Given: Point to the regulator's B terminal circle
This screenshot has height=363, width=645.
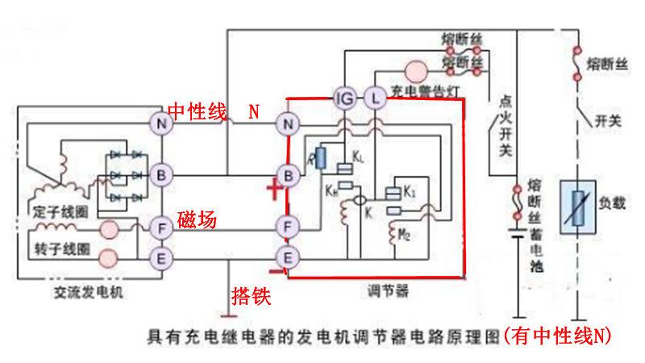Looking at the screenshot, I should point(287,173).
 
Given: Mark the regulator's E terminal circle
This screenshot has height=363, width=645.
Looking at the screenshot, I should point(286,257).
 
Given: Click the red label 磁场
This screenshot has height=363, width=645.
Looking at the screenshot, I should point(198,219).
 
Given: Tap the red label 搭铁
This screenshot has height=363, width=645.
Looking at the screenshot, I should point(250,296).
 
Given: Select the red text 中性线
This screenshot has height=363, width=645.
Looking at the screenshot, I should point(197,111).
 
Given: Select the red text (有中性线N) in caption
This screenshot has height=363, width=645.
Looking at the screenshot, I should point(556,336).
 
